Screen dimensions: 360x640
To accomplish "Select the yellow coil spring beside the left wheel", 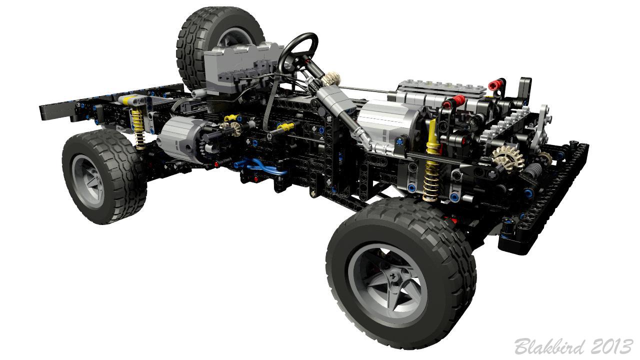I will click(x=137, y=128).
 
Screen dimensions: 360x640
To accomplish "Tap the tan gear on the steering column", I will click(x=330, y=78).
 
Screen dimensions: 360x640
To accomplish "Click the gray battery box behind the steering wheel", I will click(x=240, y=65).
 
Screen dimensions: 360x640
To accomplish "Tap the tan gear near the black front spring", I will click(x=506, y=158).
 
